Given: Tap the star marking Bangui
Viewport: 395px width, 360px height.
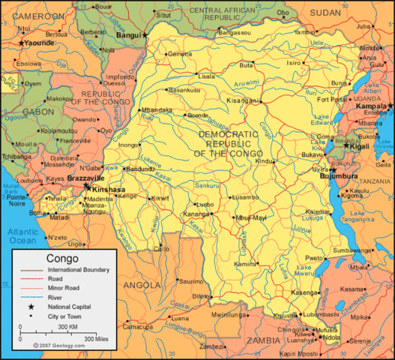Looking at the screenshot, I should tap(147, 35).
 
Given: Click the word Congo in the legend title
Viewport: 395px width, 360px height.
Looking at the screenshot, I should tap(62, 258).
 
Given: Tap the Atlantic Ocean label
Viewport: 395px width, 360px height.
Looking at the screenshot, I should tap(22, 236).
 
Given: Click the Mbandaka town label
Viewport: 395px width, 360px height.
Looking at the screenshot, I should tap(157, 109).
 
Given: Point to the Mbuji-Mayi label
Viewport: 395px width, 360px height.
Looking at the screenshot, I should tap(251, 217).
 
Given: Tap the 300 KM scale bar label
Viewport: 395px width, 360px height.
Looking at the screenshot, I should tap(68, 327).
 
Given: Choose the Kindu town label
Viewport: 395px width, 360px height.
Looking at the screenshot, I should tap(265, 160).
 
